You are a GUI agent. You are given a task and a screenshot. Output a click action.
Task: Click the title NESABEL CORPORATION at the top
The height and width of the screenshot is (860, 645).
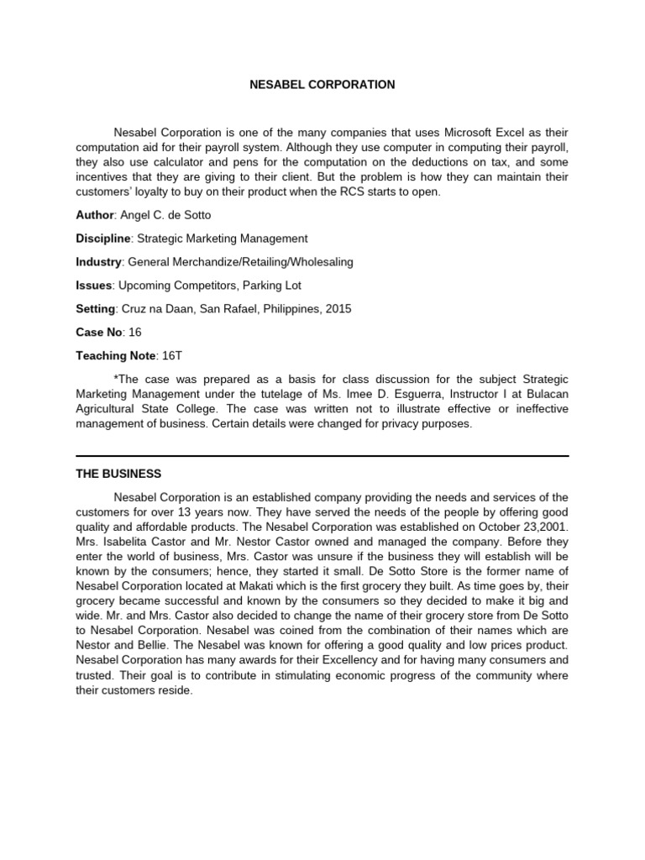(x=322, y=85)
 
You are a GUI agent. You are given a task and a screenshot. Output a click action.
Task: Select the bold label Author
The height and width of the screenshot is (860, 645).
(x=94, y=215)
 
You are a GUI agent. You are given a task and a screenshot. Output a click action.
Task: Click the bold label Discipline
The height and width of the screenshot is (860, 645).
(x=102, y=239)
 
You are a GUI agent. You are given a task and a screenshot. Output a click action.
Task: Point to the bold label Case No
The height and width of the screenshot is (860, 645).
(x=98, y=333)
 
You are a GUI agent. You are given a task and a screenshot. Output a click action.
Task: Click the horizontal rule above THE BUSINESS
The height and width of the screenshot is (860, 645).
(x=322, y=455)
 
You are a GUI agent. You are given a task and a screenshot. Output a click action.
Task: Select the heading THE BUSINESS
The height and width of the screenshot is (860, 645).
(x=118, y=475)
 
